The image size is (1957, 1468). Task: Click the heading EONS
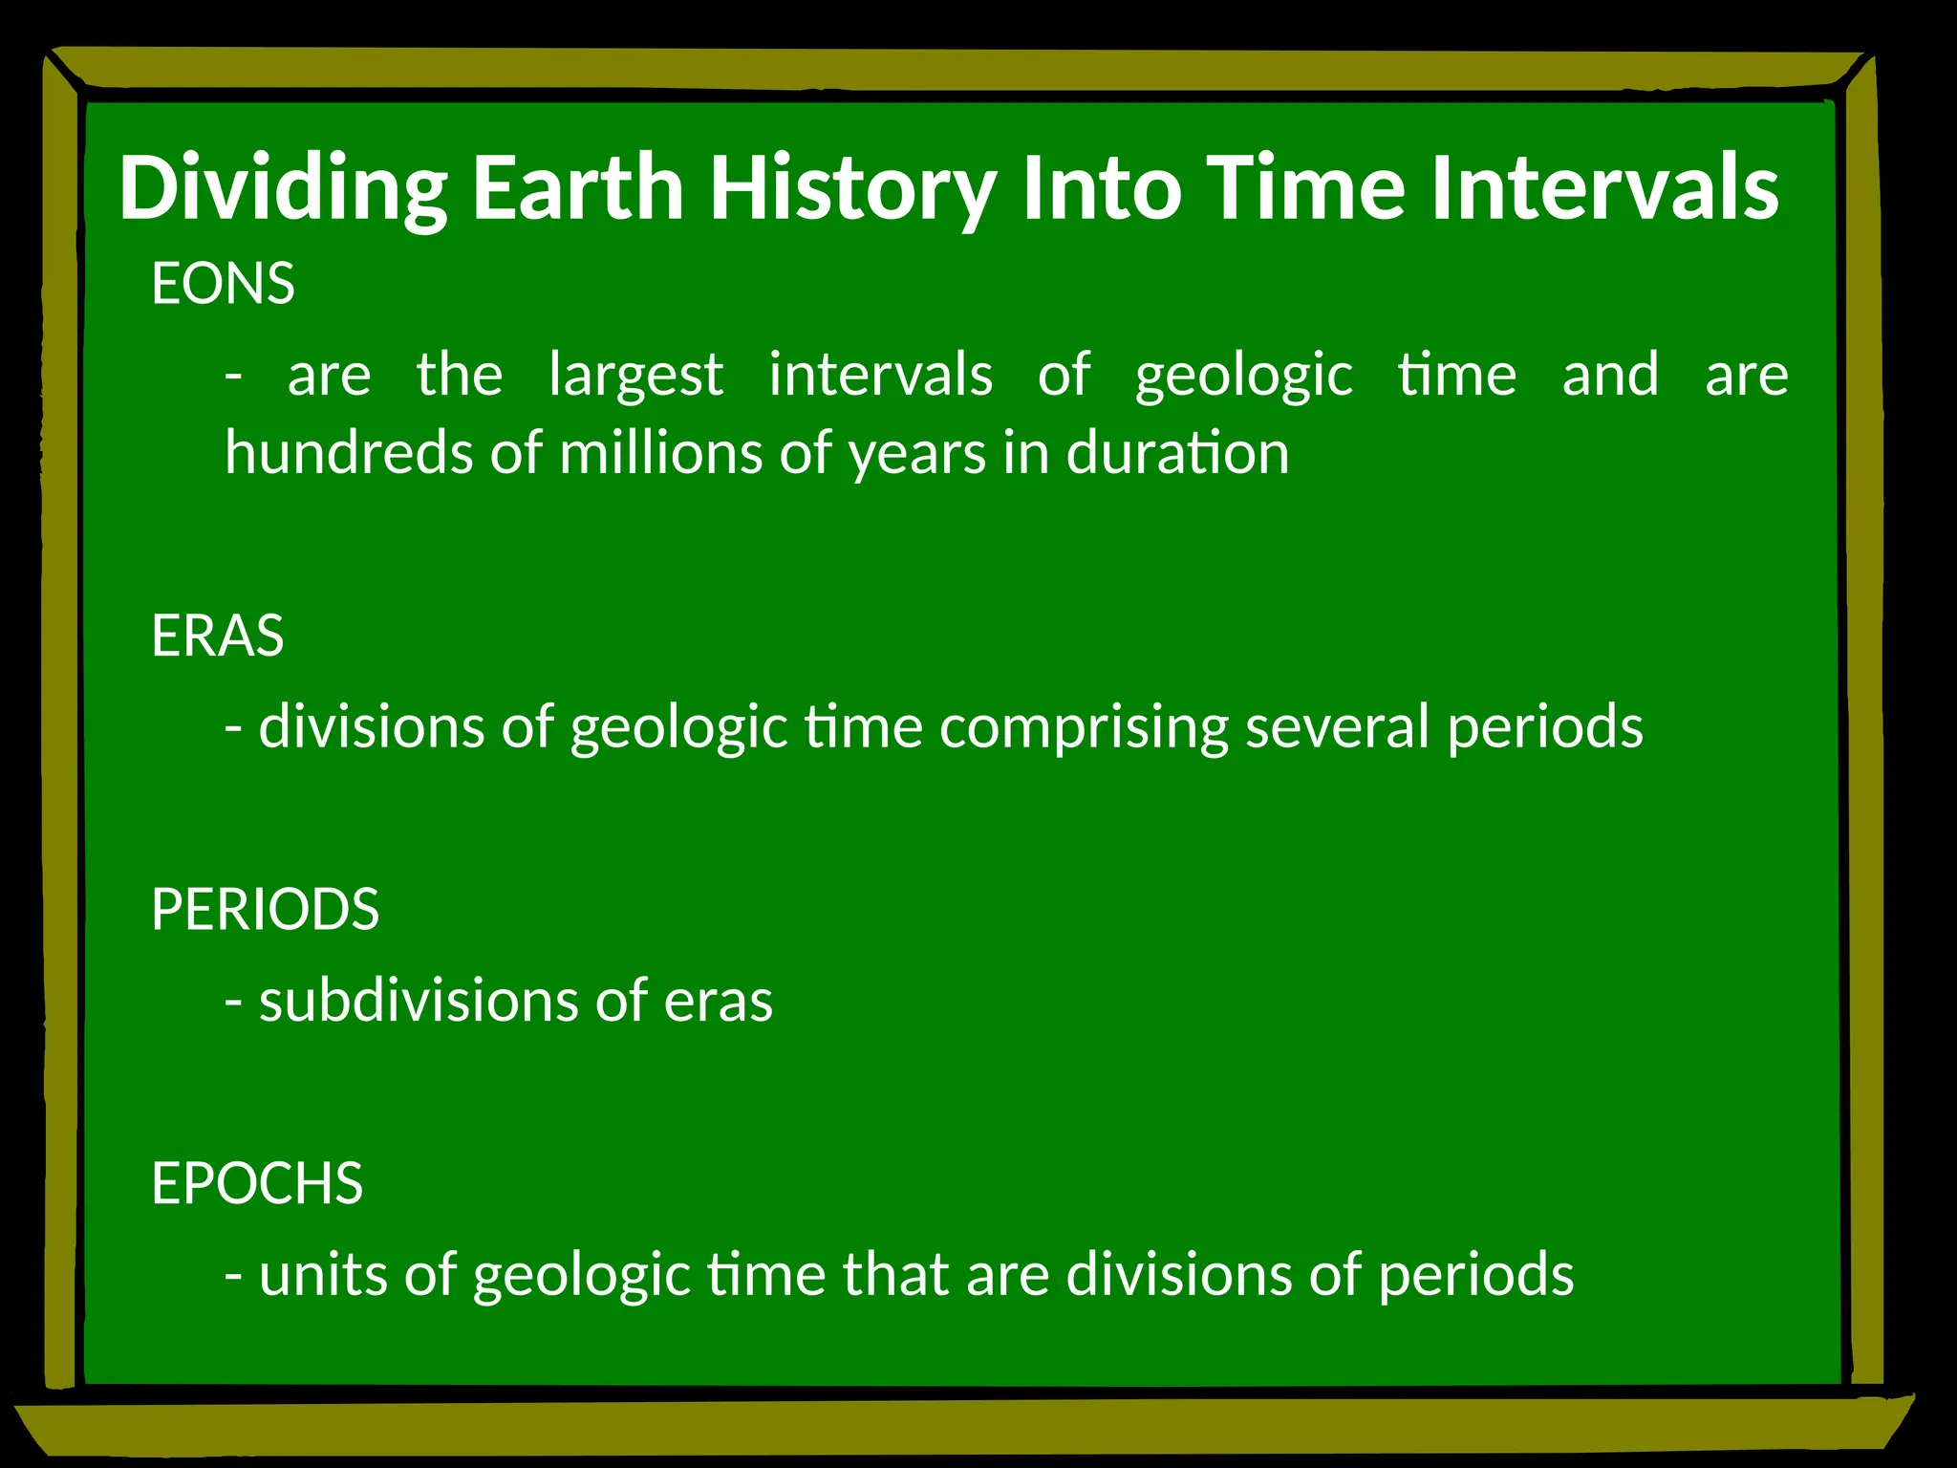[x=223, y=284]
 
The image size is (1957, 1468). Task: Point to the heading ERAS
[x=217, y=636]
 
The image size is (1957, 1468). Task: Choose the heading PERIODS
[x=265, y=909]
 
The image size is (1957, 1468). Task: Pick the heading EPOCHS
[x=257, y=1183]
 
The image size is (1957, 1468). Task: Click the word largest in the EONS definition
[x=635, y=375]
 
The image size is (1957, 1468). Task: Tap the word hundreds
[x=348, y=452]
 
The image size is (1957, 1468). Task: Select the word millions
[x=660, y=452]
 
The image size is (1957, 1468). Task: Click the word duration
[x=1177, y=452]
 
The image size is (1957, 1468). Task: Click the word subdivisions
[x=418, y=1001]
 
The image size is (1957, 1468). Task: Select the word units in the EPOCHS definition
[x=323, y=1275]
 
